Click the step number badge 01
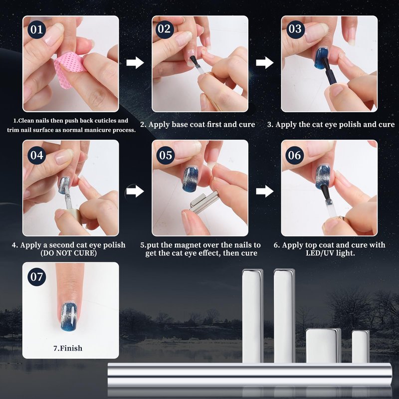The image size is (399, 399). point(36,29)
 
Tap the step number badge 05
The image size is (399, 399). point(166,155)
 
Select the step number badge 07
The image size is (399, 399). point(36,277)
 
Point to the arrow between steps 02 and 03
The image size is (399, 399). point(265,63)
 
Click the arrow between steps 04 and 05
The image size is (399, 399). point(135,191)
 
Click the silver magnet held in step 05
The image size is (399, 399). point(204,203)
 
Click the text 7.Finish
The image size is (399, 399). point(68,348)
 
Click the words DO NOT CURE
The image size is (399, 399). point(69,253)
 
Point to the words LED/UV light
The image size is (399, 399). point(330,253)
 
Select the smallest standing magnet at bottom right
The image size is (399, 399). point(360,346)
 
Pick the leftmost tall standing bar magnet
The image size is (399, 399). point(252,316)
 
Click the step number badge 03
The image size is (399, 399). point(295,29)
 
